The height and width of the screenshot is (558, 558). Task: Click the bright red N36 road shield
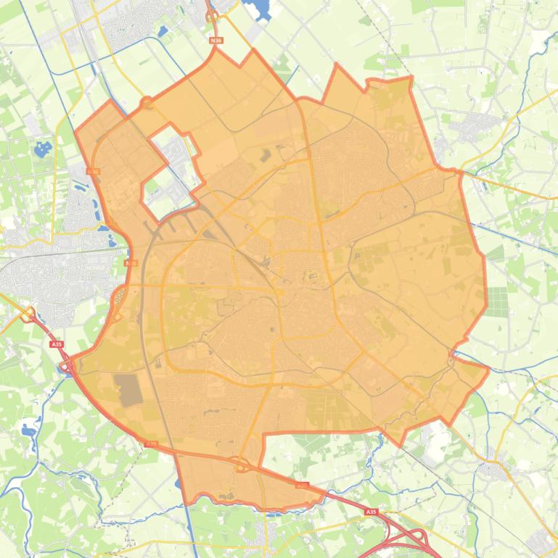[216, 41]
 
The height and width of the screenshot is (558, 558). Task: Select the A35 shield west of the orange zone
[57, 344]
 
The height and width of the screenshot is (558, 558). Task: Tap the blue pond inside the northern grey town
[162, 30]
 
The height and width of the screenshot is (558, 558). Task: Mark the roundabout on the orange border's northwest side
[147, 104]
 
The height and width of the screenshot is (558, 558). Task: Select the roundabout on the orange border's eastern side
[451, 355]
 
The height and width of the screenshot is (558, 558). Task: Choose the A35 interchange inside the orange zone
[241, 464]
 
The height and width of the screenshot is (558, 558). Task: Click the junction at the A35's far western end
[29, 315]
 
